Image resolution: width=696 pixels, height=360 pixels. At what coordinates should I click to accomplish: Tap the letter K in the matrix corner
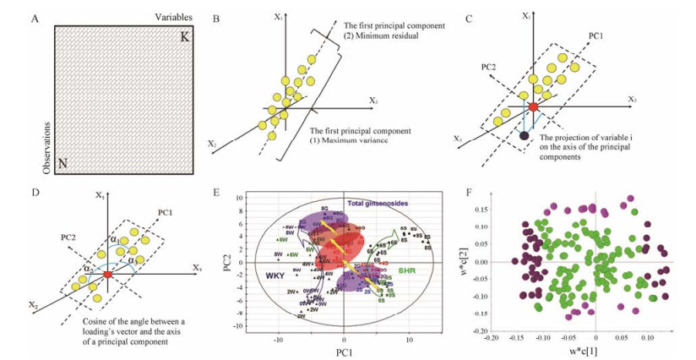click(186, 39)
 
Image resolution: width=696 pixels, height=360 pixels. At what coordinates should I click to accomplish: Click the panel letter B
click(218, 19)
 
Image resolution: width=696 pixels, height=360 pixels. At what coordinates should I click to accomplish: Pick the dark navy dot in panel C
click(525, 134)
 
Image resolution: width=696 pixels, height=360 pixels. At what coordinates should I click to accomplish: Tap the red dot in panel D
click(107, 275)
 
